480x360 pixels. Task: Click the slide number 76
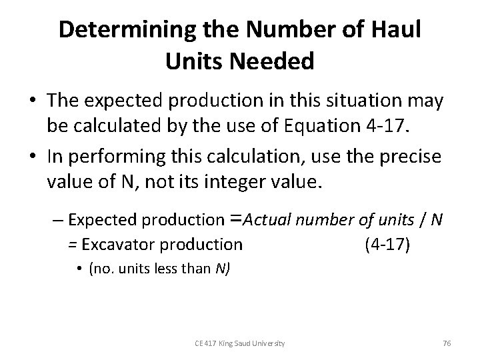[446, 343]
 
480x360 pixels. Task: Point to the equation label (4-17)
[389, 245]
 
